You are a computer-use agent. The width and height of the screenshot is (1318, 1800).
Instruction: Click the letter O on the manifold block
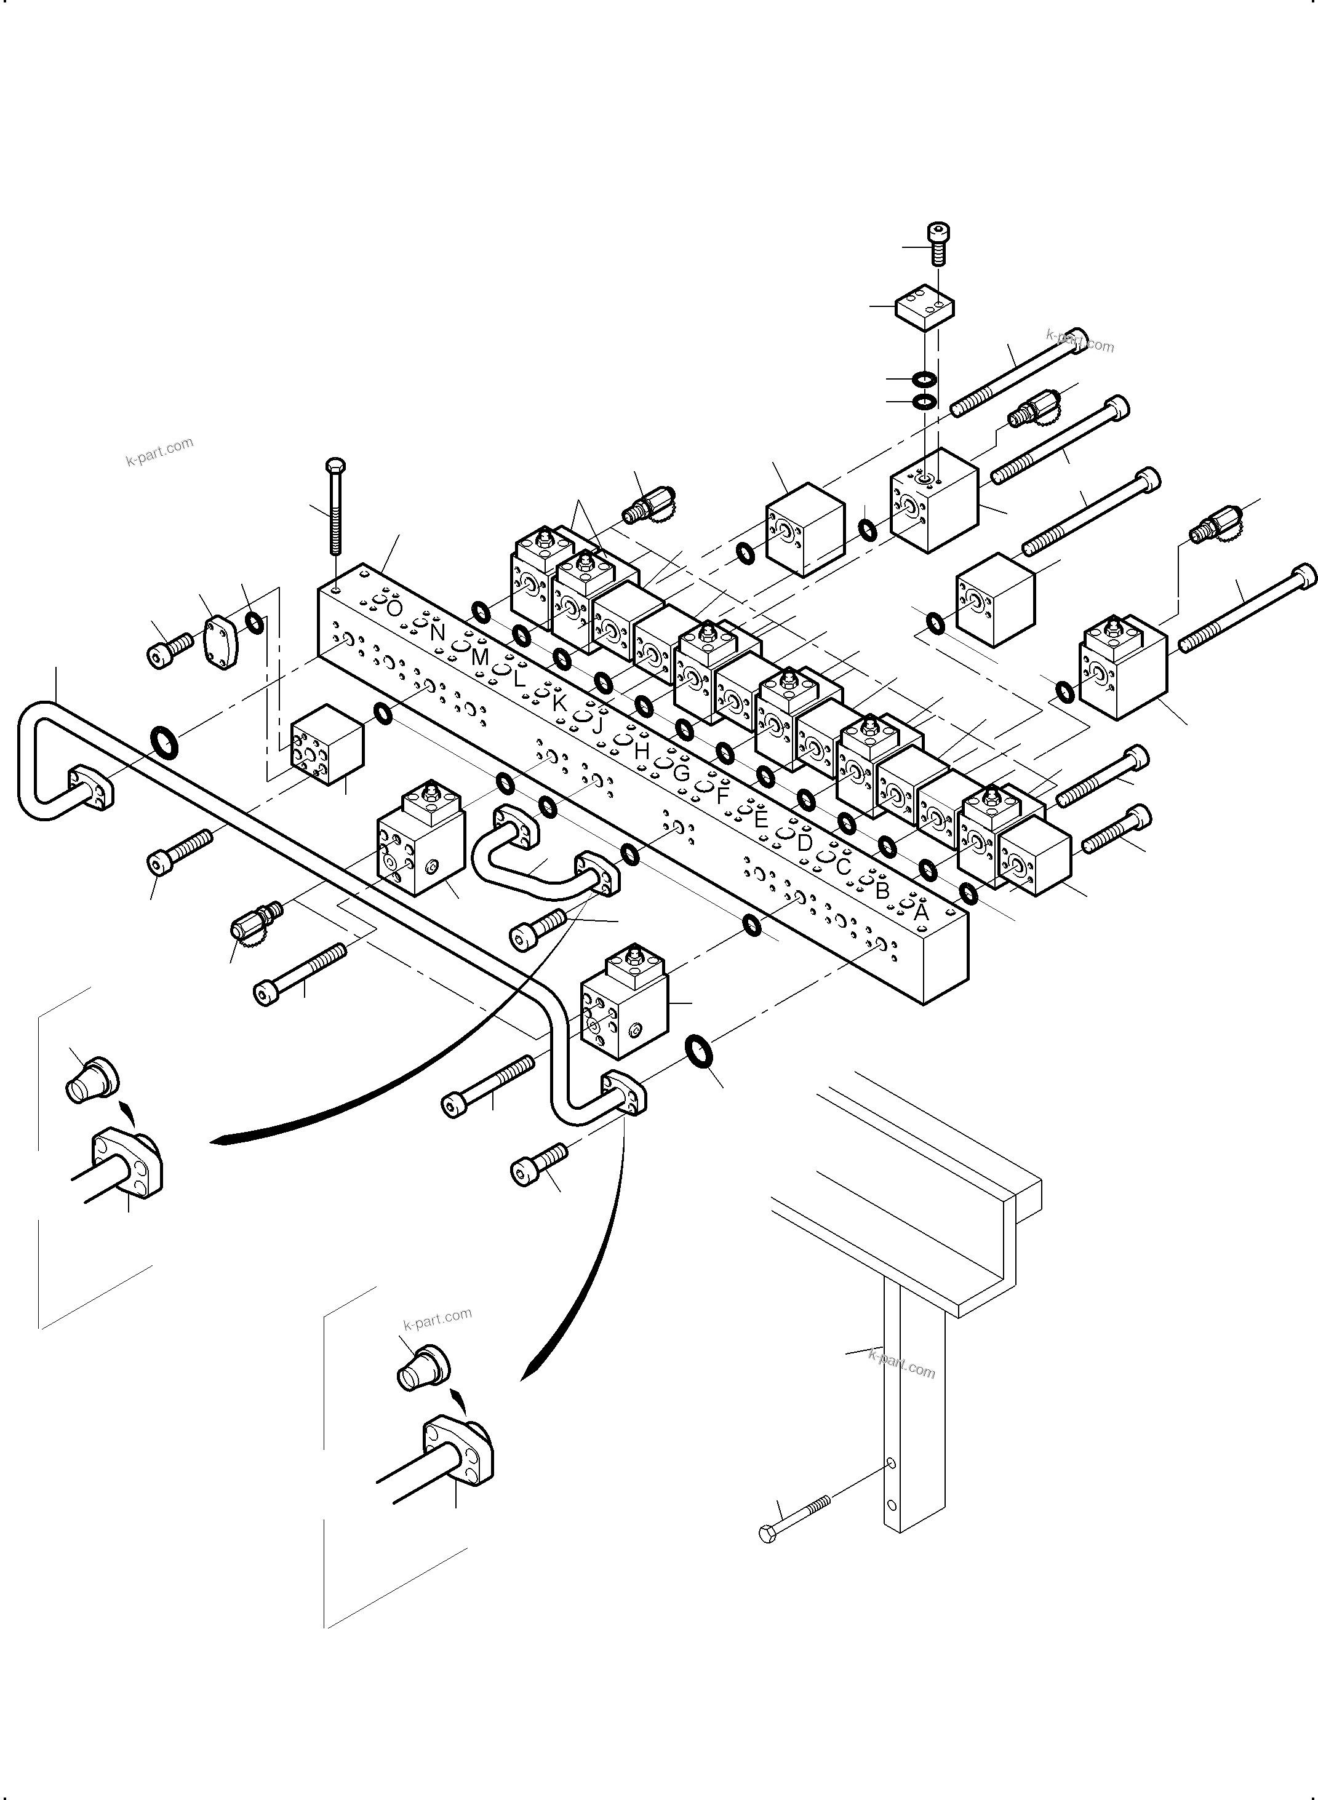pyautogui.click(x=394, y=608)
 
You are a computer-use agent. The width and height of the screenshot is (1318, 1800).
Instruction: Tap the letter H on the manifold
pyautogui.click(x=641, y=751)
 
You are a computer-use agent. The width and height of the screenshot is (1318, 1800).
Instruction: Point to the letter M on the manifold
pyautogui.click(x=479, y=657)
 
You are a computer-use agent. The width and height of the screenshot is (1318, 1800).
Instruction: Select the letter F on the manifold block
pyautogui.click(x=723, y=795)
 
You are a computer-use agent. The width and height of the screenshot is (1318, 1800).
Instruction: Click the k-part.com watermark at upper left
pyautogui.click(x=159, y=452)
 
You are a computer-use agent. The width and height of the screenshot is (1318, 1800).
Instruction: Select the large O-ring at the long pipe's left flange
pyautogui.click(x=165, y=742)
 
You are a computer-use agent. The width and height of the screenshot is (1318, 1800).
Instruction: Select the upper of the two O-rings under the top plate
pyautogui.click(x=924, y=379)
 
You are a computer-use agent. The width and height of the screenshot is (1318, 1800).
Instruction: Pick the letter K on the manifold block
pyautogui.click(x=559, y=703)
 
